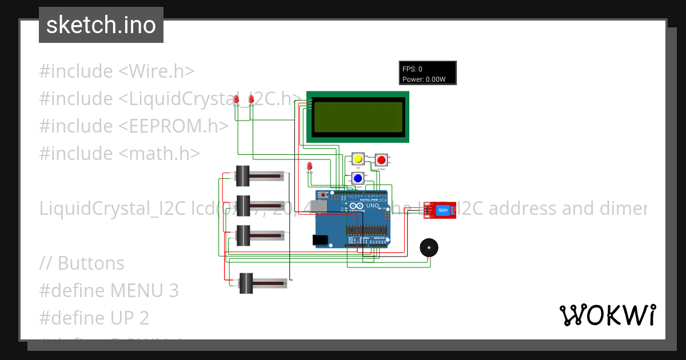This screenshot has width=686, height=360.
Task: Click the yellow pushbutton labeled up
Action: point(358,159)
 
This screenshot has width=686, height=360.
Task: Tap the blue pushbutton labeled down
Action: point(358,178)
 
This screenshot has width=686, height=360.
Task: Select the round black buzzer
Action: point(429,247)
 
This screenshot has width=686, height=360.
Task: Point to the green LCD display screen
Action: point(358,117)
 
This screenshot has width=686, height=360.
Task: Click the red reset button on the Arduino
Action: point(324,195)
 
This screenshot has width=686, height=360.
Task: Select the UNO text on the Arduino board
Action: point(373,205)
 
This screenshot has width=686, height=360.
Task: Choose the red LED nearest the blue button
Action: point(309,166)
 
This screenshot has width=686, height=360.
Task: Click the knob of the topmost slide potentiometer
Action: point(244,176)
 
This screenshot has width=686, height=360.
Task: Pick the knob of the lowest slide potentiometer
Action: point(246,283)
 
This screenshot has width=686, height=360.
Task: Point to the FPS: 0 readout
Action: point(412,69)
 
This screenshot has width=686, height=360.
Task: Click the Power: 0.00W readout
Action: point(424,79)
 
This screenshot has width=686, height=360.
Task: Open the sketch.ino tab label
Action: point(101,25)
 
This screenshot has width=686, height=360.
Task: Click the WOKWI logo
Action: point(607,315)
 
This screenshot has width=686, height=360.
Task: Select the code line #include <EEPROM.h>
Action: point(134,126)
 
